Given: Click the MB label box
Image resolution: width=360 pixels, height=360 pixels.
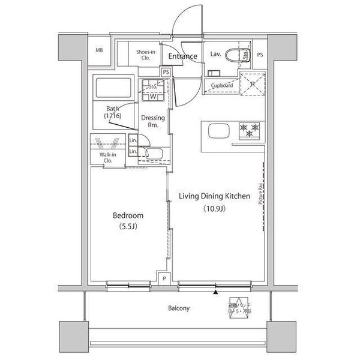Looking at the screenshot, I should point(99,50).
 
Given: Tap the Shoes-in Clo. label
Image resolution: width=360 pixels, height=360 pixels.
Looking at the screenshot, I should point(146,55).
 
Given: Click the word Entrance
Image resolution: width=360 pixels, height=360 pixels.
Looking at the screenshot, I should point(182,56).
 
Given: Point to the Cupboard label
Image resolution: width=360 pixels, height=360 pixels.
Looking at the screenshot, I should point(221,85).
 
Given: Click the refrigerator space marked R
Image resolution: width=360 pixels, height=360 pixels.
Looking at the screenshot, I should point(251,83).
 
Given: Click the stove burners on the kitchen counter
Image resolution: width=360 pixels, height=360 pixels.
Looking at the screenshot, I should point(248,128).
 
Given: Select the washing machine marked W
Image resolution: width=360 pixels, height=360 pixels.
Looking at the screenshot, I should point(153,95).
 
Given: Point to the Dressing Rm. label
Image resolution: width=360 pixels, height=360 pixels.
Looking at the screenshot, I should point(152,122).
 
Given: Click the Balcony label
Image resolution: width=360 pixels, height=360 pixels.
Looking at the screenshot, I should point(178,308).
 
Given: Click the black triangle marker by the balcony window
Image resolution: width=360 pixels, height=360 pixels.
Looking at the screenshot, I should point(215,292).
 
